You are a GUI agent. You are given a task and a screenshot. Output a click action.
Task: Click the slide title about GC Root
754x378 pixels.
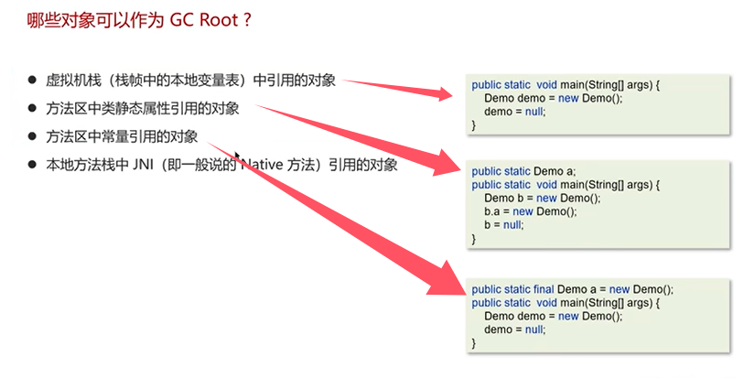[x=139, y=21]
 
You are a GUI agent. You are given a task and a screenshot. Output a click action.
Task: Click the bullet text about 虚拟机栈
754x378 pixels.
[x=190, y=81]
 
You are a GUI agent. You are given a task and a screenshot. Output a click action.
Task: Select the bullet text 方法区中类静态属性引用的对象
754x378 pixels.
[x=143, y=109]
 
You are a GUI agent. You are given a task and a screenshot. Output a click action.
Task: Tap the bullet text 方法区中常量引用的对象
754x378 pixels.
[x=122, y=136]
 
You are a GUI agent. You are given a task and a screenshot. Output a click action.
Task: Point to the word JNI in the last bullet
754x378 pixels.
[x=142, y=165]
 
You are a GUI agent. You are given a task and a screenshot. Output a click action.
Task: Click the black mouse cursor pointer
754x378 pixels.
[x=237, y=157]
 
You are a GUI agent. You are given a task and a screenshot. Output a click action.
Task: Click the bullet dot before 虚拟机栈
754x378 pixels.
[x=32, y=80]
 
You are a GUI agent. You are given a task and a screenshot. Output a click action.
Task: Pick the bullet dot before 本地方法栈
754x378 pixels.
[x=32, y=165]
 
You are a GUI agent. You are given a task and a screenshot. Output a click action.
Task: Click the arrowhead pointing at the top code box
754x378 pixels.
[x=445, y=93]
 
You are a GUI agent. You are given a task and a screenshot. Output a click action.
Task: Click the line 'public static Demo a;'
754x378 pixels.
[x=523, y=172]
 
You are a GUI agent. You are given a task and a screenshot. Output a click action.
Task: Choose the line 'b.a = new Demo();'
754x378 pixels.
[x=531, y=211]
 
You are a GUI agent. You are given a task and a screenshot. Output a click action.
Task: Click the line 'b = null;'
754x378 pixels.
[x=503, y=225]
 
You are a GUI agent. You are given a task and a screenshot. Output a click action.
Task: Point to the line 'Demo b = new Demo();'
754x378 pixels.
[x=543, y=198]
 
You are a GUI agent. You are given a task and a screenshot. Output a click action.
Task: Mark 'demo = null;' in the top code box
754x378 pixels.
[x=514, y=112]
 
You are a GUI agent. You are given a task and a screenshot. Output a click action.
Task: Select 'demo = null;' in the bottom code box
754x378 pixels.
[x=514, y=329]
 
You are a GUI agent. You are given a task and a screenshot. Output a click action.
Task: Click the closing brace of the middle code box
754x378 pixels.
[x=474, y=239]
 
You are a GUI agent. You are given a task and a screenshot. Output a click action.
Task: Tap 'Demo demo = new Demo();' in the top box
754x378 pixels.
[x=554, y=98]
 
